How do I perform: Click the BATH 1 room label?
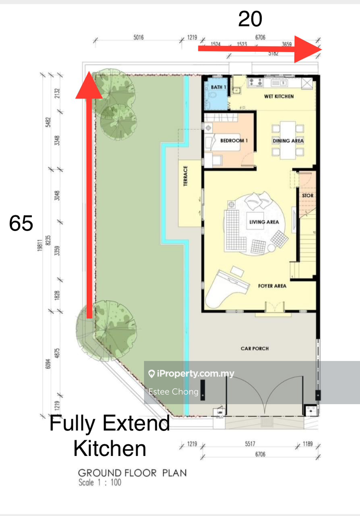coord(219,87)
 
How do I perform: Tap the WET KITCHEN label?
coord(279,96)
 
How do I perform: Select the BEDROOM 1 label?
coord(234,140)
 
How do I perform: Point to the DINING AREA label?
coord(288,141)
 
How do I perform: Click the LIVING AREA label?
coord(264,222)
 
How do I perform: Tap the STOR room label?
coord(308,196)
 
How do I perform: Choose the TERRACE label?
coord(185,176)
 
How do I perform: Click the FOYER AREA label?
coord(272,286)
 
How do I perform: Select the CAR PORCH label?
coord(254,348)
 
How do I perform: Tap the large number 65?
coord(21,223)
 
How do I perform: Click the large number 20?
coord(250,19)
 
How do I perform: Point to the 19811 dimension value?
coord(40,244)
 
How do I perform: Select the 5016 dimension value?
coord(138,38)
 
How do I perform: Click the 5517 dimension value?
coord(250,444)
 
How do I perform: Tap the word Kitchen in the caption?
coord(110,448)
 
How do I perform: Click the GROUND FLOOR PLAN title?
coord(132,473)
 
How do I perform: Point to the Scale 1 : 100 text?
coord(100,482)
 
